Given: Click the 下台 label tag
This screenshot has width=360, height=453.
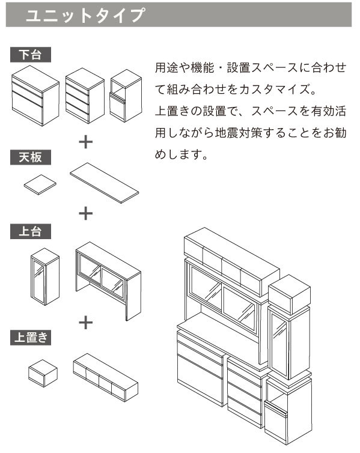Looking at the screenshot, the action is pyautogui.click(x=31, y=55).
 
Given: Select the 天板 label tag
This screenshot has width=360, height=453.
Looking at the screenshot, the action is pyautogui.click(x=31, y=157).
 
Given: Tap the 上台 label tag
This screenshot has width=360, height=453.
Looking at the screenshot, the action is pyautogui.click(x=31, y=231).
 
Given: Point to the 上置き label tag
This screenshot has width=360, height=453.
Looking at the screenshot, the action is pyautogui.click(x=31, y=338).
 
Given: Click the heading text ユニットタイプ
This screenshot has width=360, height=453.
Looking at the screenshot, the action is pyautogui.click(x=85, y=15).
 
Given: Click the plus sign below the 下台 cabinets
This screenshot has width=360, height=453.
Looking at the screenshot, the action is pyautogui.click(x=86, y=142).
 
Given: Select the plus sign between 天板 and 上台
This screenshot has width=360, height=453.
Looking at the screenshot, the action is pyautogui.click(x=86, y=214).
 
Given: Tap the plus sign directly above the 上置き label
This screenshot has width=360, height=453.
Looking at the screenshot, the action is pyautogui.click(x=86, y=323).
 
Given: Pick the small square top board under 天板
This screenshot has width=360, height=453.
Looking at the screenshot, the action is pyautogui.click(x=40, y=184).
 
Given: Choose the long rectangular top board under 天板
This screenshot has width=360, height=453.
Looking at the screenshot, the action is pyautogui.click(x=105, y=183).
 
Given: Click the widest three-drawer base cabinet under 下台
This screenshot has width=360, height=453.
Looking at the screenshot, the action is pyautogui.click(x=35, y=96).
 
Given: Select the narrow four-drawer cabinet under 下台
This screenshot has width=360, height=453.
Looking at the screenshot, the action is pyautogui.click(x=85, y=96).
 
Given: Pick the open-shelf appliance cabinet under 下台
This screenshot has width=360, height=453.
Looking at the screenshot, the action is pyautogui.click(x=126, y=96).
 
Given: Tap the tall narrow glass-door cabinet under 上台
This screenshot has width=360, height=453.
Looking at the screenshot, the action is pyautogui.click(x=45, y=276).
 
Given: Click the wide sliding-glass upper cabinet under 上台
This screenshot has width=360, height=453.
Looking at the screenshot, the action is pyautogui.click(x=108, y=281).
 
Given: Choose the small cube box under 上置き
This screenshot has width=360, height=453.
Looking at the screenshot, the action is pyautogui.click(x=43, y=373).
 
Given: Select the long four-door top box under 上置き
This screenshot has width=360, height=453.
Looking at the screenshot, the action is pyautogui.click(x=105, y=377).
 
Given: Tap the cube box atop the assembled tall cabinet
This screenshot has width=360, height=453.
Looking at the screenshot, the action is pyautogui.click(x=289, y=294).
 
